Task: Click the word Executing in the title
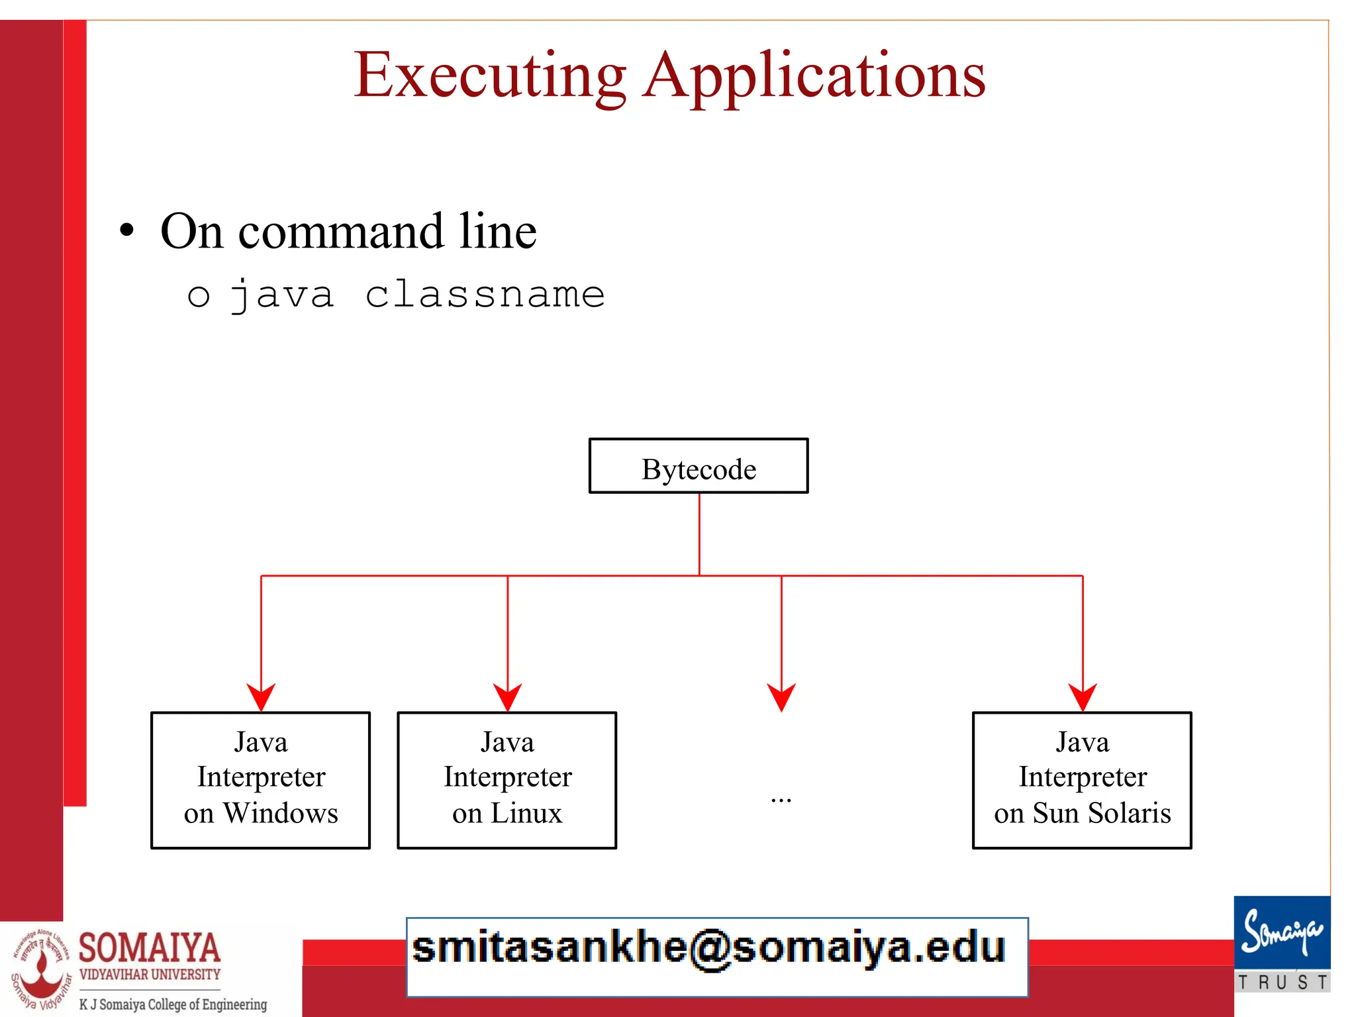pyautogui.click(x=489, y=76)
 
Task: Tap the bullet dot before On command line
pyautogui.click(x=126, y=231)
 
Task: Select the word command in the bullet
pyautogui.click(x=340, y=232)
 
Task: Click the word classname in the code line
pyautogui.click(x=485, y=295)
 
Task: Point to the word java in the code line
pyautogui.click(x=281, y=295)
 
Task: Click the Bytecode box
pyautogui.click(x=699, y=466)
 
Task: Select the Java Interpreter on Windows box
pyautogui.click(x=261, y=780)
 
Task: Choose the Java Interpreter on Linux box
pyautogui.click(x=507, y=780)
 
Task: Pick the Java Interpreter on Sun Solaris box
pyautogui.click(x=1082, y=780)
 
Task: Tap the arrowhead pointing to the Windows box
pyautogui.click(x=261, y=697)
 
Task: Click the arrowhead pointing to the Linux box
pyautogui.click(x=508, y=697)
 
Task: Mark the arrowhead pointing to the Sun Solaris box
pyautogui.click(x=1083, y=697)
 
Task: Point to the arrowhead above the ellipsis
pyautogui.click(x=781, y=697)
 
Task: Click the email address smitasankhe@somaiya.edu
pyautogui.click(x=708, y=948)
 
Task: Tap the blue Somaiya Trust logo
pyautogui.click(x=1282, y=944)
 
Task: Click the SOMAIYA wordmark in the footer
pyautogui.click(x=150, y=947)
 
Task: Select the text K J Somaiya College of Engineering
pyautogui.click(x=173, y=1004)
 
